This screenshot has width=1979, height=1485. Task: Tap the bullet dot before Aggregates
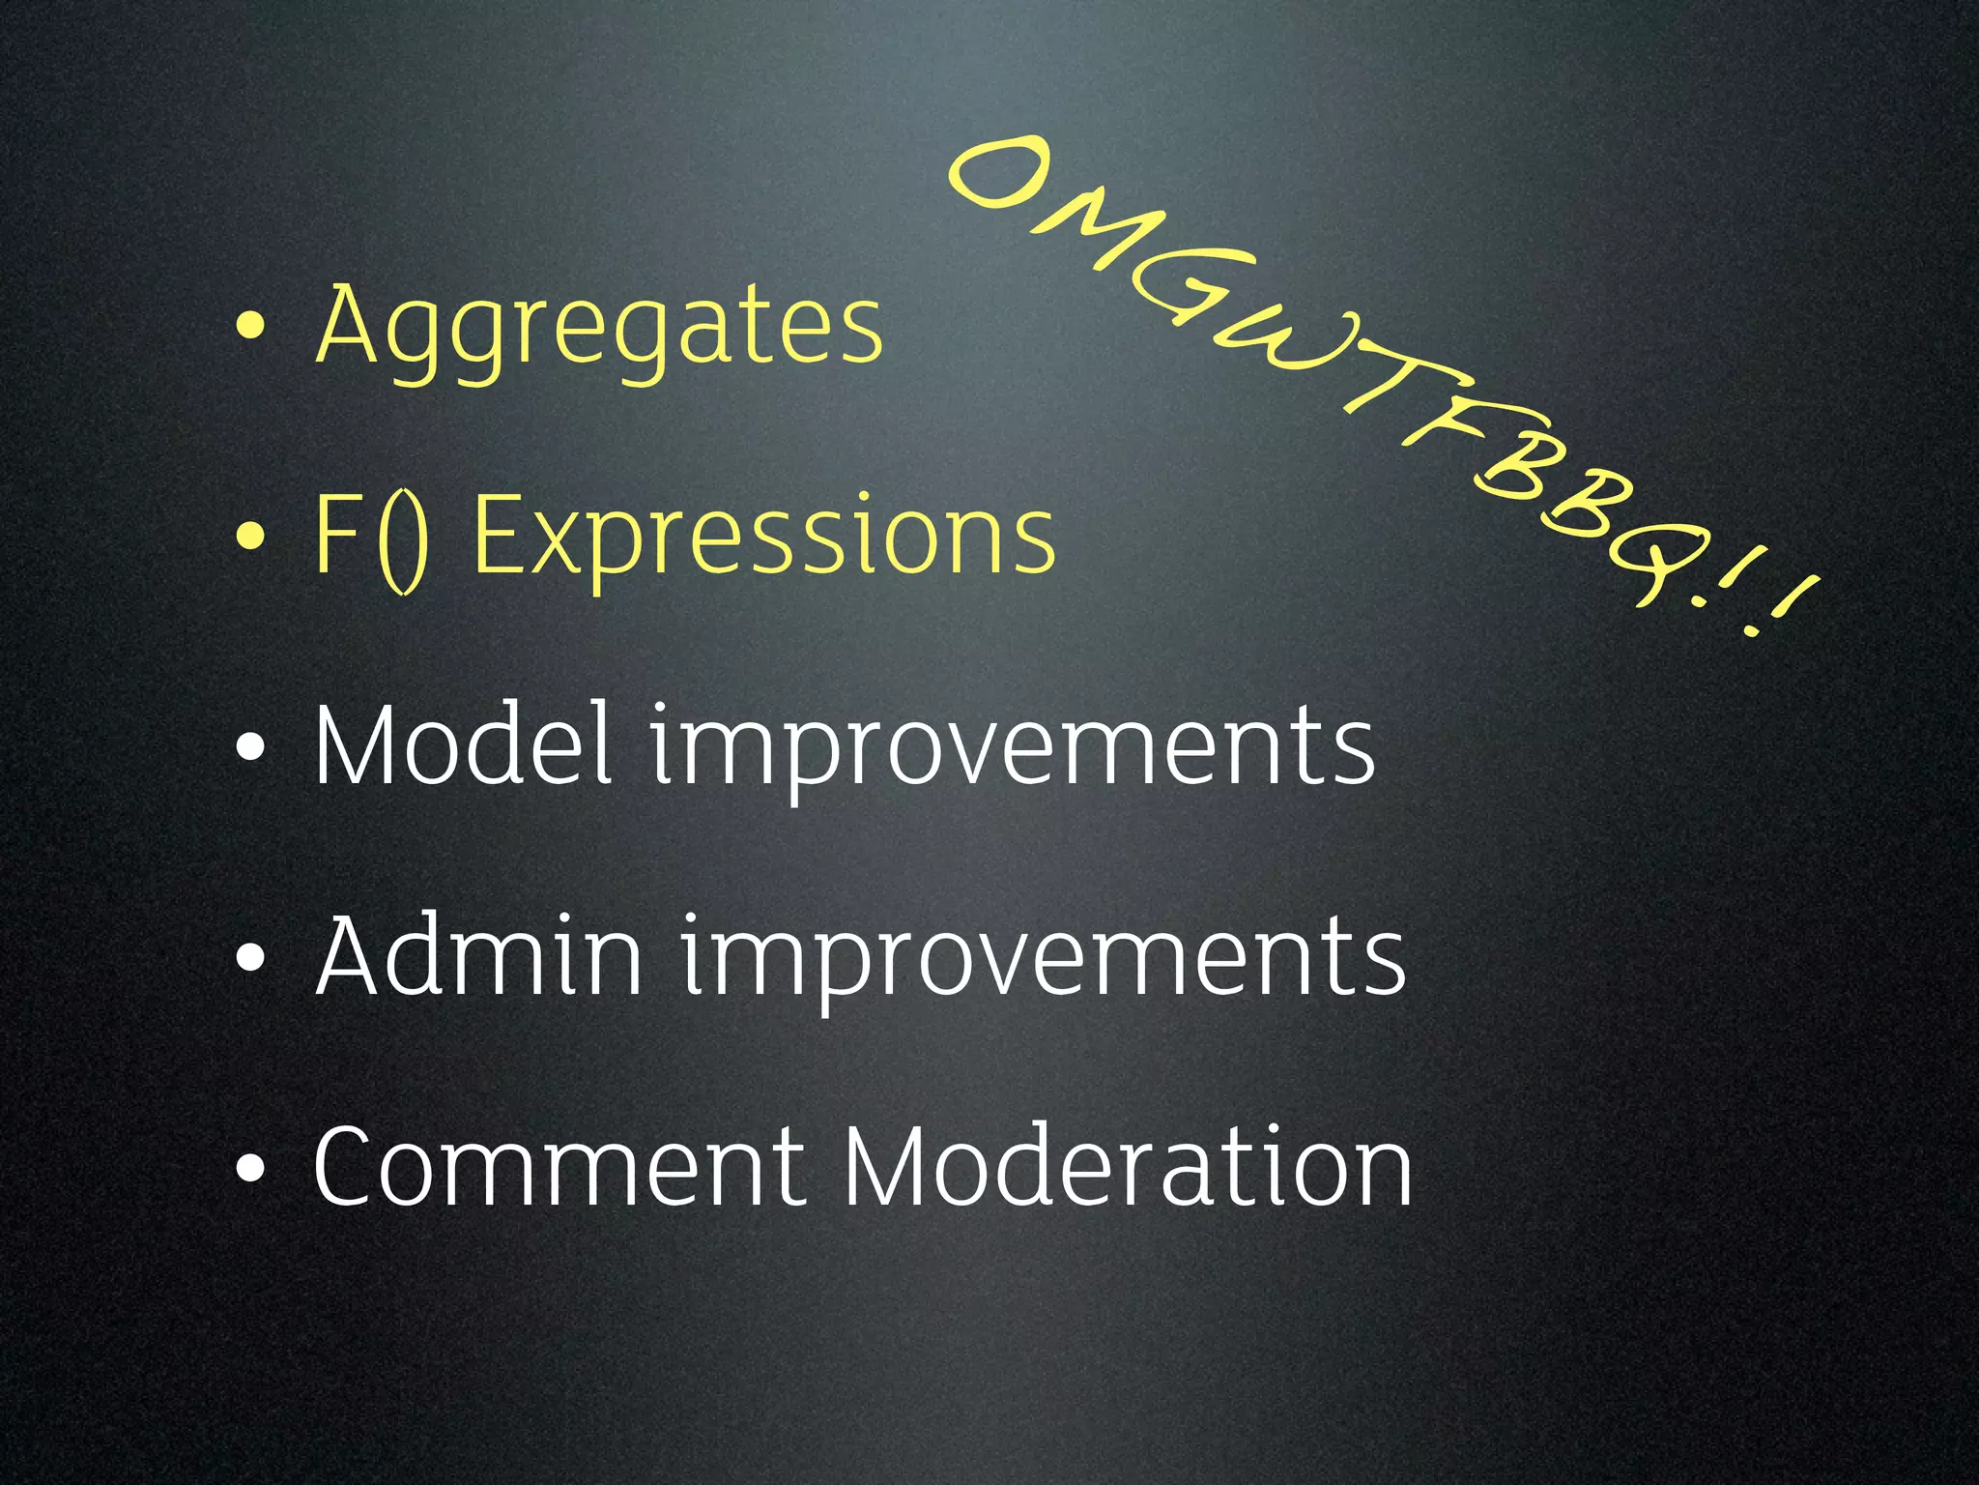tap(249, 328)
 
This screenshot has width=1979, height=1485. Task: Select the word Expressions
tap(763, 537)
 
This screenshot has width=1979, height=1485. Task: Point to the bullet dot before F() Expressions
tap(249, 538)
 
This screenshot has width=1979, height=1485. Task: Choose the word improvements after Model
tap(1011, 749)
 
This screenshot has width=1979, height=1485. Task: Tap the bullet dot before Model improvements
tap(249, 747)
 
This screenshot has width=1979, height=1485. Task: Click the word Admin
tap(478, 957)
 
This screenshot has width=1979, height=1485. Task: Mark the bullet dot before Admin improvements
tap(249, 958)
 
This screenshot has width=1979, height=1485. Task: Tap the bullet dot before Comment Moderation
tap(249, 1168)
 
